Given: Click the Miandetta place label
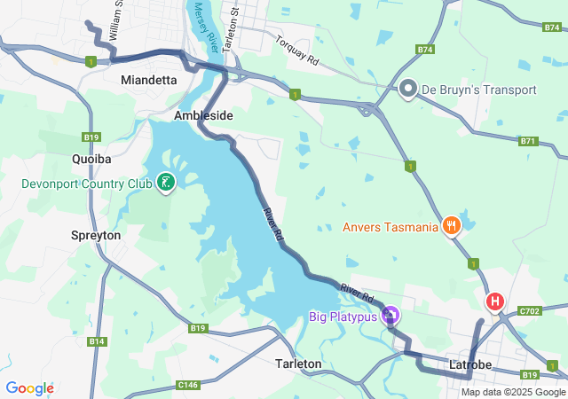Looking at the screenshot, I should pos(148,80).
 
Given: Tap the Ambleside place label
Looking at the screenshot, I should pos(203,116).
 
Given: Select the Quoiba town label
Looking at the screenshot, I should pos(91,160).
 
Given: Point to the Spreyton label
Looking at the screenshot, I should pos(95,236).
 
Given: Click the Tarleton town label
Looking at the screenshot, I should pos(298,364).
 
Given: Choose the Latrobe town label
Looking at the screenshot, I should pos(471,364).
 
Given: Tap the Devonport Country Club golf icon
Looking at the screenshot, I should pos(165,184).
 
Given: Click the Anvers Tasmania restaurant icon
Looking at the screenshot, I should pos(452,227).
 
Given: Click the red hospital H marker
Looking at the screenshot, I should pos(494,302).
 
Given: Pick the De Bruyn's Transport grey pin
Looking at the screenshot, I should pos(408,89).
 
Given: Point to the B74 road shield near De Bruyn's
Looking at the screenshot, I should pos(425,50).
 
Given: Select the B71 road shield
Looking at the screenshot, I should pos(529,141).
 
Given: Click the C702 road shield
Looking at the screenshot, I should pos(531,310).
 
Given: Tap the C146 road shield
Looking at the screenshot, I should pos(187,384).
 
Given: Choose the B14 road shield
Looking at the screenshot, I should pos(97,341).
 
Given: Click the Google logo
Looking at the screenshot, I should pos(29,388).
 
